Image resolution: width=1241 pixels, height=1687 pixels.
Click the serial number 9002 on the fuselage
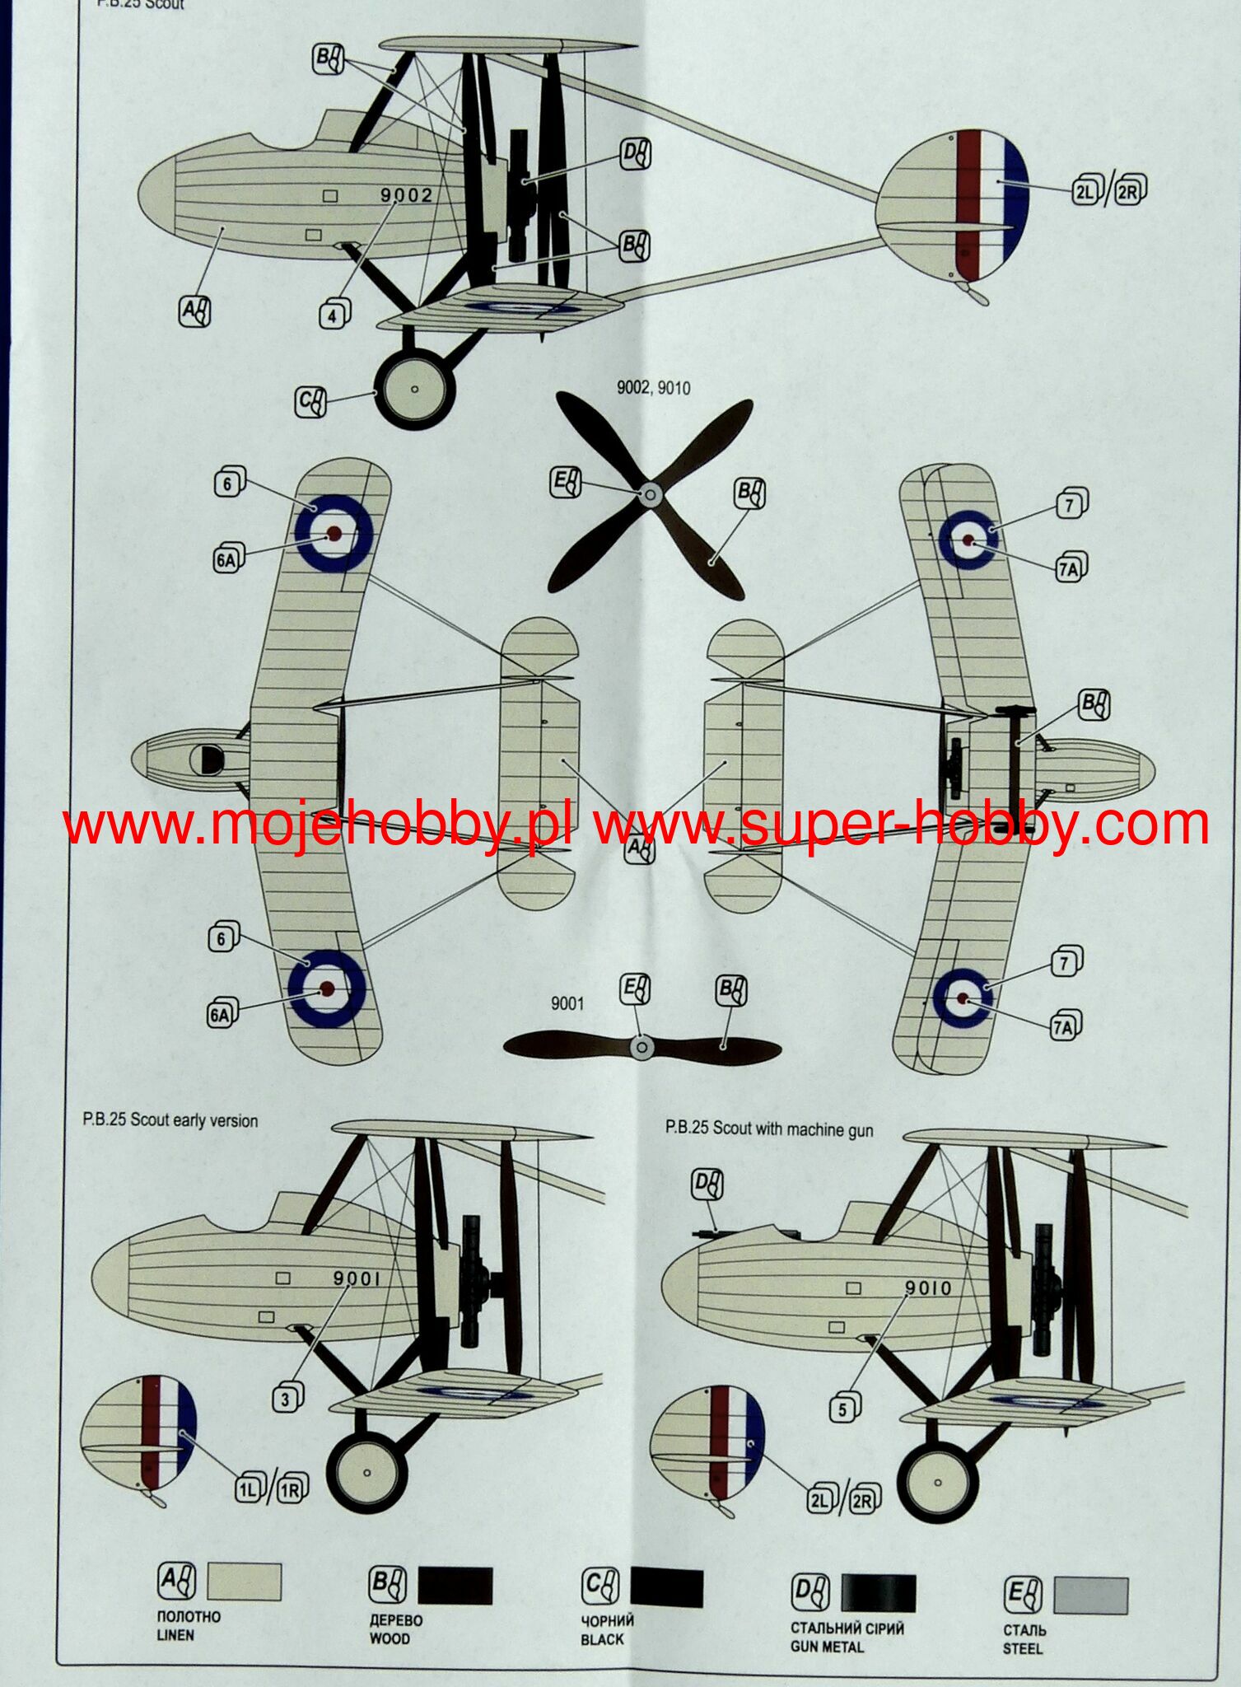(x=406, y=196)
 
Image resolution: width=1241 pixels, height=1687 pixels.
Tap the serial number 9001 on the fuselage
(x=357, y=1278)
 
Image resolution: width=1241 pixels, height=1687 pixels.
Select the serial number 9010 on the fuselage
(x=928, y=1287)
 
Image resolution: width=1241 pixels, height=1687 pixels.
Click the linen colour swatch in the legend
(x=244, y=1582)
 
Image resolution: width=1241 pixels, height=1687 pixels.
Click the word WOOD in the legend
(x=389, y=1638)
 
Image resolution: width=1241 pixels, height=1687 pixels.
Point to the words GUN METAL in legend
(x=827, y=1647)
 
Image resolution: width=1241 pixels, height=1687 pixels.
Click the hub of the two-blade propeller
(x=641, y=1047)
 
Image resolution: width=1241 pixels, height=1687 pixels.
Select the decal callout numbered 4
(x=333, y=315)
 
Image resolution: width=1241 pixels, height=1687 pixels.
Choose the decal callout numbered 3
(x=285, y=1399)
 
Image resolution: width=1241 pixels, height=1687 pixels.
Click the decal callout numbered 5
(x=842, y=1409)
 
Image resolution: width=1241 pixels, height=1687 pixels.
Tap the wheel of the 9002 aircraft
(x=414, y=390)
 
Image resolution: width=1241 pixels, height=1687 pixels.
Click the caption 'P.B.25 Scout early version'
(x=170, y=1120)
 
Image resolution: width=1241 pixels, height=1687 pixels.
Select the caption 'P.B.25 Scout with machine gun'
(x=769, y=1128)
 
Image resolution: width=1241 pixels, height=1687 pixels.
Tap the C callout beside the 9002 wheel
(x=310, y=401)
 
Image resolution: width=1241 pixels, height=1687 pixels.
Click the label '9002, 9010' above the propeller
(x=654, y=388)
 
